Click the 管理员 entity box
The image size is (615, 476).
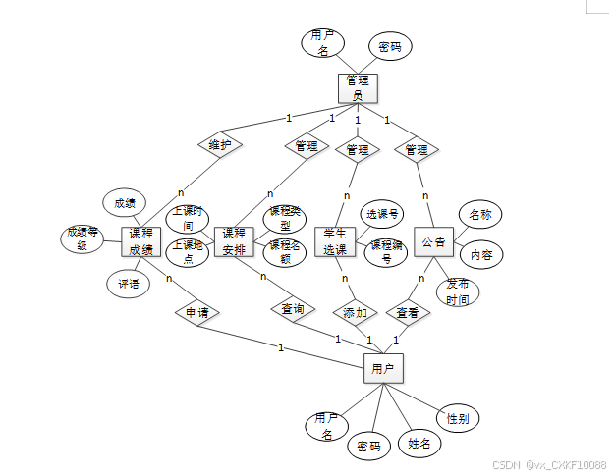pyautogui.click(x=358, y=87)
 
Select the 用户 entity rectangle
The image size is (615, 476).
pyautogui.click(x=382, y=369)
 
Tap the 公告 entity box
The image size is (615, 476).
pyautogui.click(x=433, y=241)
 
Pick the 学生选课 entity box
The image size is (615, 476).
pyautogui.click(x=336, y=242)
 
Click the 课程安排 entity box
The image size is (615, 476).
pyautogui.click(x=234, y=241)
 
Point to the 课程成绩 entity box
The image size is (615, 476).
pyautogui.click(x=140, y=241)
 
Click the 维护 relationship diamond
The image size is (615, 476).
pyautogui.click(x=220, y=145)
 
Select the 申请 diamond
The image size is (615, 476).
pyautogui.click(x=196, y=313)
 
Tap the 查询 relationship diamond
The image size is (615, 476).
pyautogui.click(x=292, y=309)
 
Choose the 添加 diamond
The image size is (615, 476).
pyautogui.click(x=355, y=313)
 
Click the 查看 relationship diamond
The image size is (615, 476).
pyautogui.click(x=408, y=313)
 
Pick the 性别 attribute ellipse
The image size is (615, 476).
pyautogui.click(x=457, y=418)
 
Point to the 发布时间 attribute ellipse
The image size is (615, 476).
pyautogui.click(x=458, y=291)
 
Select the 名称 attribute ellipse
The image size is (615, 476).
pyautogui.click(x=479, y=215)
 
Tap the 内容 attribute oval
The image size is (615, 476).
pyautogui.click(x=481, y=254)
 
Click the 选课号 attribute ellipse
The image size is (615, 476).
pyautogui.click(x=381, y=214)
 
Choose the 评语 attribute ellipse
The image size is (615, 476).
pyautogui.click(x=128, y=285)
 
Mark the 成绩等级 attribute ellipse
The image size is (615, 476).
pyautogui.click(x=84, y=238)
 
